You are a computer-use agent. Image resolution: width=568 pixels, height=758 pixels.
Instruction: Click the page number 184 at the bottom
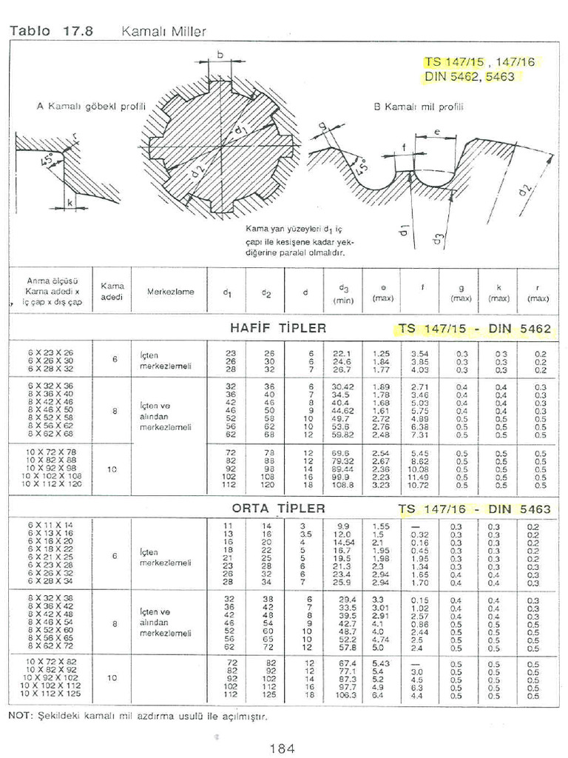click(283, 748)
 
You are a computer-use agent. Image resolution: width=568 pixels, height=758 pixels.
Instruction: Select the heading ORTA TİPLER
click(278, 508)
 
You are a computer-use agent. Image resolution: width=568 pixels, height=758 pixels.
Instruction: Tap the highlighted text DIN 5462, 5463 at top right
click(470, 76)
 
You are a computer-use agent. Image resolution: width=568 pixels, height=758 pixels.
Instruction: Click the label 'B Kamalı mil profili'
click(419, 107)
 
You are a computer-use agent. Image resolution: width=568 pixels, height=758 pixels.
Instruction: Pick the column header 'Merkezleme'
click(171, 292)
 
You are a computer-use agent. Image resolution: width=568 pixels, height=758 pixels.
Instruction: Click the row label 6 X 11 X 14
click(50, 525)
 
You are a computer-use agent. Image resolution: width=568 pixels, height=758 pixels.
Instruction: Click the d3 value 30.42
click(345, 386)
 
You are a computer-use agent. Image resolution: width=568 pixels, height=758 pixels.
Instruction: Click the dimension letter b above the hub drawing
click(221, 53)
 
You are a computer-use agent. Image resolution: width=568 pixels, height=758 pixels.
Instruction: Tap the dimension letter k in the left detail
click(69, 202)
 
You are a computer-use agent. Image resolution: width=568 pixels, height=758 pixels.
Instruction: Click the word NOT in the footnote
click(20, 716)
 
